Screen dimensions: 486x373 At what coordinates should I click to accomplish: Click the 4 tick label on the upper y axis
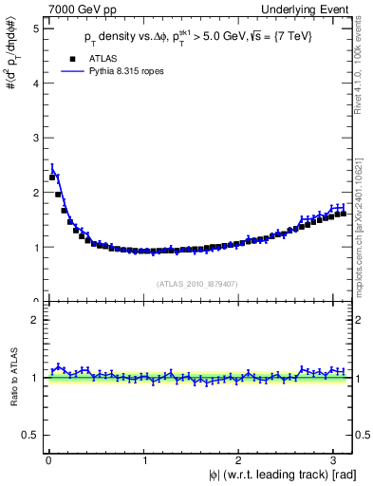pyautogui.click(x=36, y=83)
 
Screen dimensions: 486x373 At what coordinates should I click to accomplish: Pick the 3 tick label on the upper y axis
pyautogui.click(x=36, y=138)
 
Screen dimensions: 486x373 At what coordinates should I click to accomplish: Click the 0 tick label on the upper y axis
pyautogui.click(x=36, y=301)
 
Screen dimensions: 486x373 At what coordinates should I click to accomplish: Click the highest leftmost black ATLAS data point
pyautogui.click(x=52, y=178)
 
